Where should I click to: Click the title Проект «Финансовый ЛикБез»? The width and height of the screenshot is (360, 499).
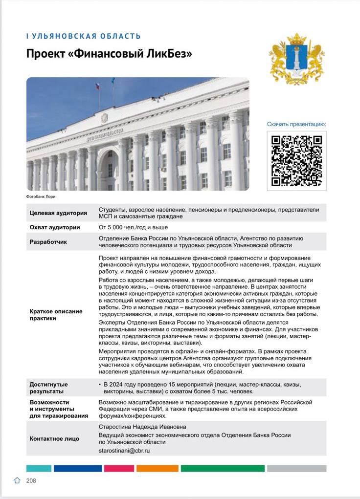tap(109, 54)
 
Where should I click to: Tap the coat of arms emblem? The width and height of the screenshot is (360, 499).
tap(297, 59)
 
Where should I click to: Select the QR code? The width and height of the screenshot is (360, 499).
tap(297, 160)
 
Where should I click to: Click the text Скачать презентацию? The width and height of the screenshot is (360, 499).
tap(296, 124)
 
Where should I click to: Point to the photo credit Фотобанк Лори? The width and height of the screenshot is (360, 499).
tap(41, 196)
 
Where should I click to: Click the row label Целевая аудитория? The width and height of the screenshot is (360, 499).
tap(58, 213)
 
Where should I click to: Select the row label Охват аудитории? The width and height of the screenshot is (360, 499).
tap(55, 227)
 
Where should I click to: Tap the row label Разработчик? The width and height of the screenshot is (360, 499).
tap(48, 241)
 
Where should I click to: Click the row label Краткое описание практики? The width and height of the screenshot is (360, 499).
tap(56, 315)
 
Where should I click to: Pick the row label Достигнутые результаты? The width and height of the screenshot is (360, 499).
tap(49, 388)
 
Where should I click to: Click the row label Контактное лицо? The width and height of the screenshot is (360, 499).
tap(54, 438)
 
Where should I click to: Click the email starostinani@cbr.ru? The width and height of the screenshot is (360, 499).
tap(124, 451)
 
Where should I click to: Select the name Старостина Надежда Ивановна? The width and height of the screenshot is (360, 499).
tap(135, 427)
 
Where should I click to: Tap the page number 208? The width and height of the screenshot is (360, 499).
tap(31, 481)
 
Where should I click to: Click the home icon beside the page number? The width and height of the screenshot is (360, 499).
tap(18, 481)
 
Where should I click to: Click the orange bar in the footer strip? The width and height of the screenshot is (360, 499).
tap(157, 468)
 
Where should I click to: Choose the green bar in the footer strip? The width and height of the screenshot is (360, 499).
tap(223, 468)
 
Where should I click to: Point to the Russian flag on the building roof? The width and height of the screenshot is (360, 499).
tap(97, 87)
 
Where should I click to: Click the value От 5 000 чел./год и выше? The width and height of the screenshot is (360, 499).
tap(133, 227)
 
